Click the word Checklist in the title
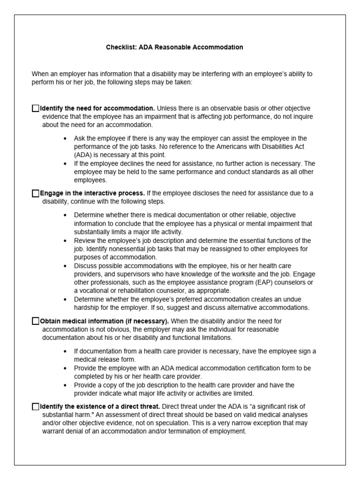tap(120, 47)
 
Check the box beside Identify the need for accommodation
tap(36, 108)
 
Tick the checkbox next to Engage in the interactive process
tap(36, 193)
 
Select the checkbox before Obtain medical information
tap(36, 321)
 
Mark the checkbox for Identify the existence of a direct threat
tap(36, 406)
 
